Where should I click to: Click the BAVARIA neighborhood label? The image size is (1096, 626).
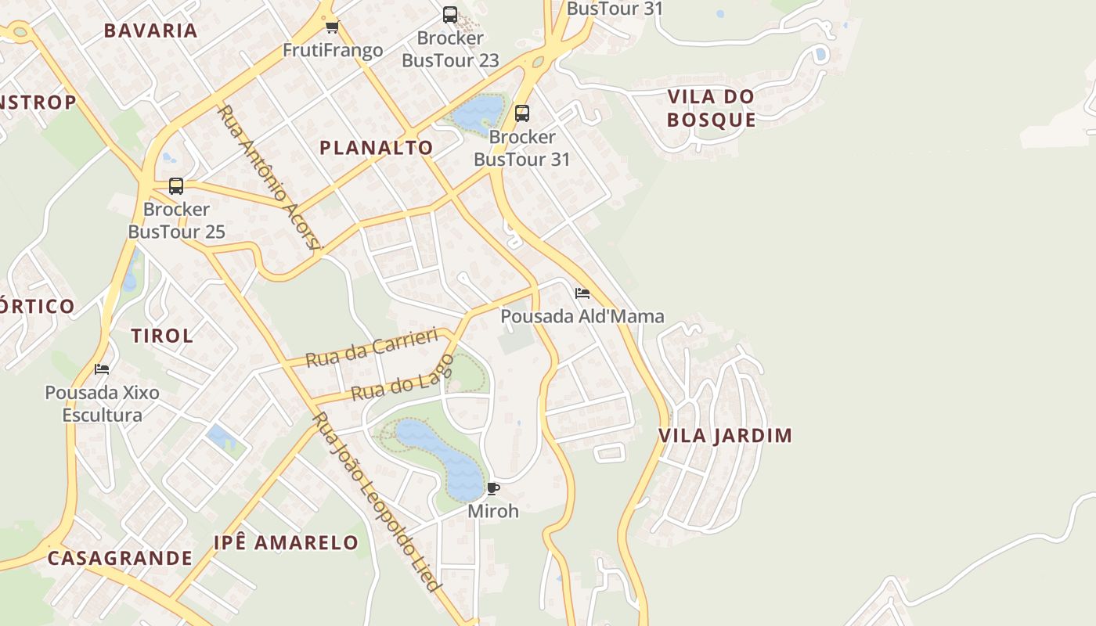point(150,31)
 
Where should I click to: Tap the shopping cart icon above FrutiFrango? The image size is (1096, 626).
point(332,27)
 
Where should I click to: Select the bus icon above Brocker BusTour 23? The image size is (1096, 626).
point(450,14)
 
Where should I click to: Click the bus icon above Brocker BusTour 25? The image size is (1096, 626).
point(176,186)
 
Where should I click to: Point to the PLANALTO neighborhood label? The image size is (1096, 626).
point(377,148)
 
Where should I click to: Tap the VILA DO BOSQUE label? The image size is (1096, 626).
point(711,108)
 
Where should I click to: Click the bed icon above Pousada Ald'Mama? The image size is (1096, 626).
point(582,293)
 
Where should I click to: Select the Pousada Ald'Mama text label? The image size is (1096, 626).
point(582,316)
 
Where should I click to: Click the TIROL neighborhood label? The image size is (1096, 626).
point(162,336)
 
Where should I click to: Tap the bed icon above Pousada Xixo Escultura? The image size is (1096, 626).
point(102,369)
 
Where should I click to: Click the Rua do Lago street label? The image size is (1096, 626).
point(402,378)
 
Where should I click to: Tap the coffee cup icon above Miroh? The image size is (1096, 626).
point(492,489)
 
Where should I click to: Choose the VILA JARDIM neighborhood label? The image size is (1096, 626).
point(725,436)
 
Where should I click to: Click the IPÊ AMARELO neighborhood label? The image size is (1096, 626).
point(286,543)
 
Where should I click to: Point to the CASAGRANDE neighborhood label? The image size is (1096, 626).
point(120,559)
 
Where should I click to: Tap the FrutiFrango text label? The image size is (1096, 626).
point(333,51)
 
